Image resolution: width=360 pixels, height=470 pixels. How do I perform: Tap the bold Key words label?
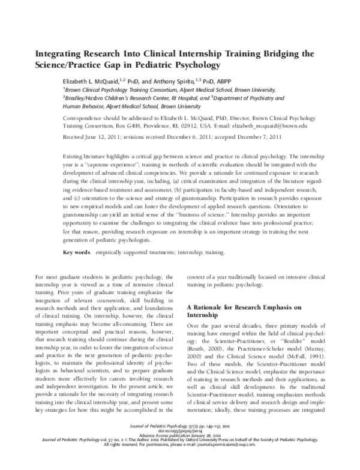[76, 253]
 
